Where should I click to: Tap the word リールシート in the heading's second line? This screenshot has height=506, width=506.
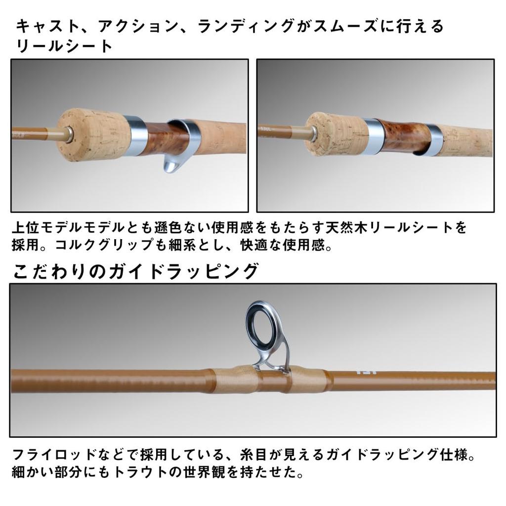tap(64, 46)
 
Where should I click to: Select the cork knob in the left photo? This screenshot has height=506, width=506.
tap(94, 134)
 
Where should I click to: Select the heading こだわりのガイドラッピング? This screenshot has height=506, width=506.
tap(135, 271)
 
